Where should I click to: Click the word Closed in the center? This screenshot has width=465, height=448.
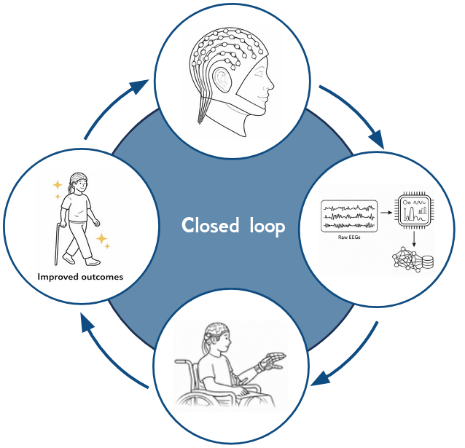tap(207, 226)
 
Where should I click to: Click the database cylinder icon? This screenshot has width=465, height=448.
tap(425, 260)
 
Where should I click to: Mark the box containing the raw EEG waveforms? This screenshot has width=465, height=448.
tap(349, 216)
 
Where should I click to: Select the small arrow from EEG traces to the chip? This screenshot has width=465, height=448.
tap(384, 216)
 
